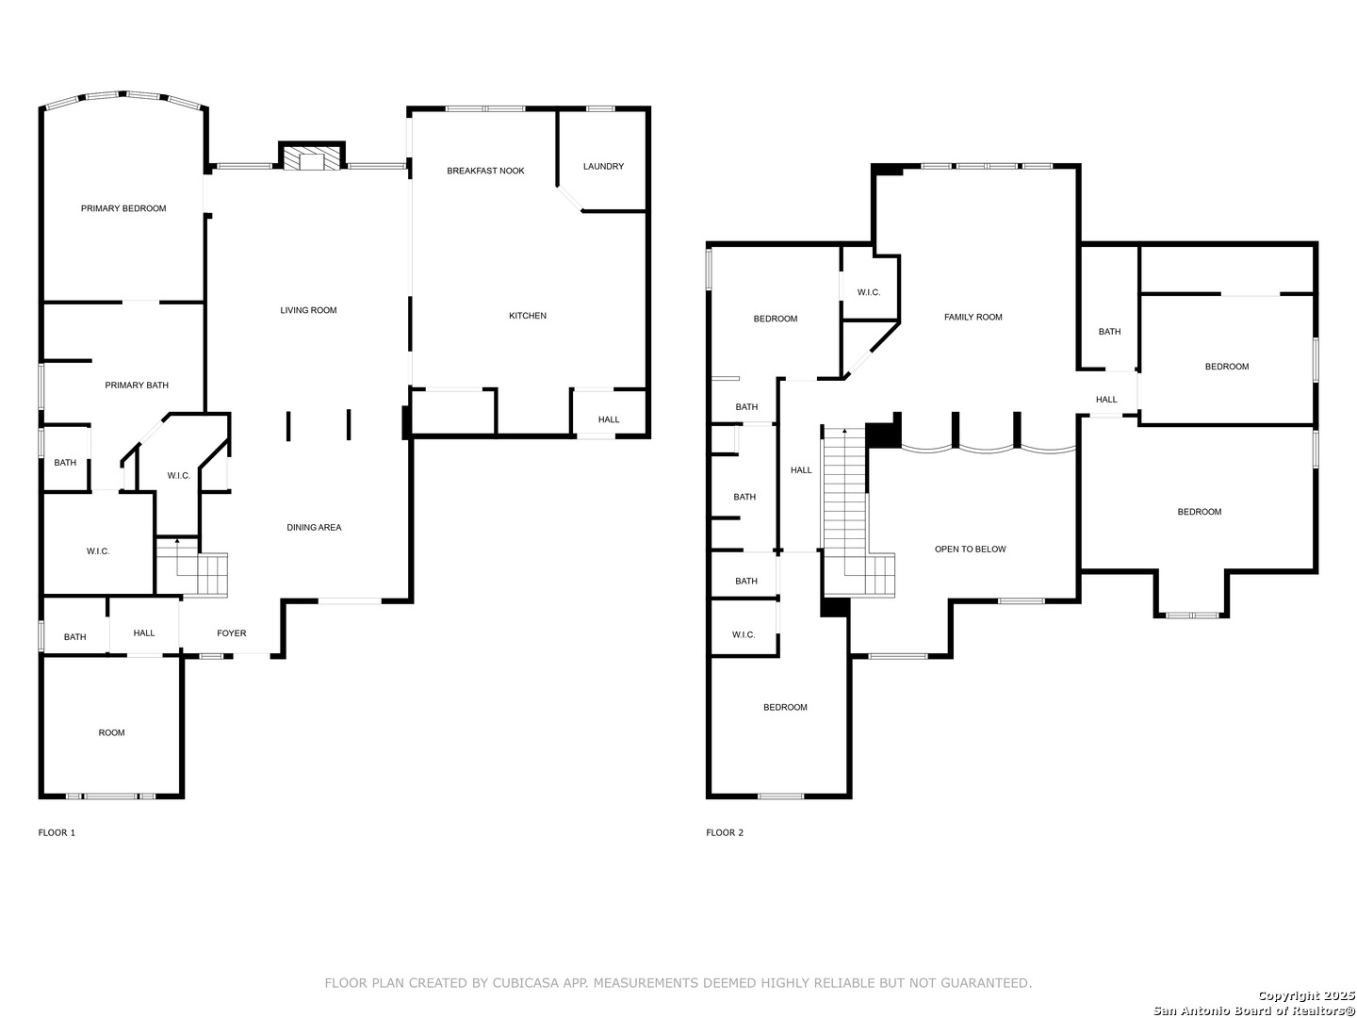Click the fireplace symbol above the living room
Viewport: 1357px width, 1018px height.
[311, 156]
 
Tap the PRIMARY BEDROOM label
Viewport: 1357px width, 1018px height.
[123, 208]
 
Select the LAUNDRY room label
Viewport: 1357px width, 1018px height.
[603, 166]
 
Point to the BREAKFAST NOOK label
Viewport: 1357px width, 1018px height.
[485, 171]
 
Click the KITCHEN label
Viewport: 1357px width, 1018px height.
[528, 316]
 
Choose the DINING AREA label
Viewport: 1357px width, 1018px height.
[314, 527]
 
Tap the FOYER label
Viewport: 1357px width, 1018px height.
[231, 632]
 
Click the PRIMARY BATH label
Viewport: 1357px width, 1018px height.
[137, 386]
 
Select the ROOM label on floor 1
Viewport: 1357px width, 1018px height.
[111, 732]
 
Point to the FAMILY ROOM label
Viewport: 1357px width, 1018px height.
[973, 317]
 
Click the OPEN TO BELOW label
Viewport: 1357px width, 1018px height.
[970, 549]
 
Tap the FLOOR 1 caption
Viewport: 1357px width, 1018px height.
[57, 832]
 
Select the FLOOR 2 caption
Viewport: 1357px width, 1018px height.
[725, 832]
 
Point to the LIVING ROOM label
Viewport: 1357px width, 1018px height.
[308, 310]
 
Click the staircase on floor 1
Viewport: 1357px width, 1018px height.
[191, 567]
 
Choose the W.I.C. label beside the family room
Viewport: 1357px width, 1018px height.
[869, 292]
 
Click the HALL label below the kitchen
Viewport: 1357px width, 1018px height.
[609, 419]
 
